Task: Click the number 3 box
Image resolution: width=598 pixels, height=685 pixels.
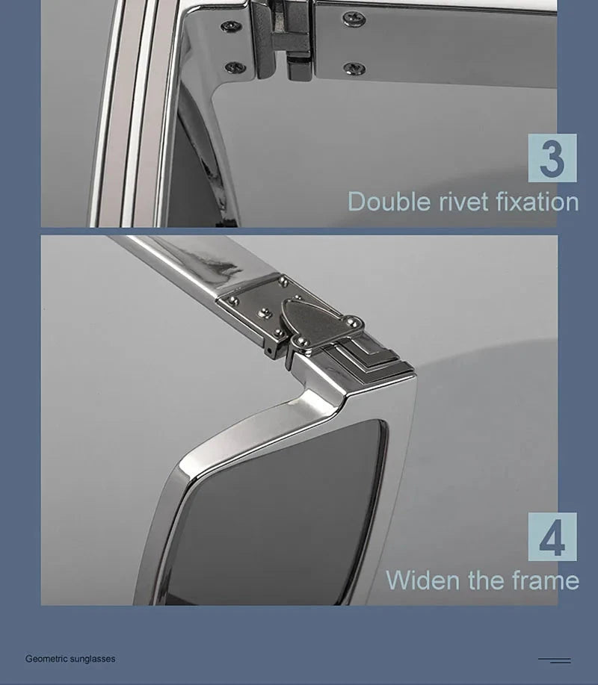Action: [x=552, y=158]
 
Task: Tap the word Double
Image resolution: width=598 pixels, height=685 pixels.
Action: [x=389, y=202]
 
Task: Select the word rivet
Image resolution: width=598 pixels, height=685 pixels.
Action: [x=463, y=202]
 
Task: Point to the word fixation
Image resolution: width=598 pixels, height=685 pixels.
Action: [x=537, y=202]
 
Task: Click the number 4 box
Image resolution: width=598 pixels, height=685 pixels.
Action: [x=552, y=536]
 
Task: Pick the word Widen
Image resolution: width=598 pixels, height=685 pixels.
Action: [x=423, y=580]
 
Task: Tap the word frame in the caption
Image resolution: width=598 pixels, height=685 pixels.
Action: [x=546, y=580]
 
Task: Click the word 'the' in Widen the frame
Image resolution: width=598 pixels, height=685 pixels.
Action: [x=486, y=580]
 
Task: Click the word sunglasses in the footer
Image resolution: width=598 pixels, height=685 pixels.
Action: [x=93, y=659]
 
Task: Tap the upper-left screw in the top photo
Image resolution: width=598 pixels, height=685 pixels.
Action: [x=231, y=25]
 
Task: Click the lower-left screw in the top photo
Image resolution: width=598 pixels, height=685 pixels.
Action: [x=235, y=66]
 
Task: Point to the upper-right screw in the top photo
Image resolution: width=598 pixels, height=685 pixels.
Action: [x=354, y=19]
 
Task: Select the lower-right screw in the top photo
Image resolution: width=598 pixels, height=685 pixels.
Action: [x=354, y=68]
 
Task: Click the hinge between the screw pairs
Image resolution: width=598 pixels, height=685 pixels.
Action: [x=284, y=40]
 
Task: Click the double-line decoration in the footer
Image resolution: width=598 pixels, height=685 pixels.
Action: [x=555, y=660]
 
